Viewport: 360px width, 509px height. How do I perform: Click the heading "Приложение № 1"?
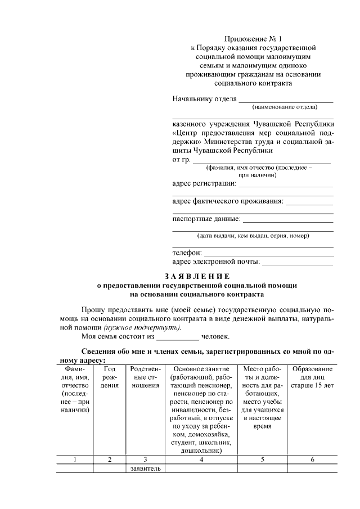[x=253, y=39]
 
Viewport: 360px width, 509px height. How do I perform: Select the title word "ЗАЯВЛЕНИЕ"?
[x=197, y=276]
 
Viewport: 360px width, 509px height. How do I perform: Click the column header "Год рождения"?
[x=110, y=377]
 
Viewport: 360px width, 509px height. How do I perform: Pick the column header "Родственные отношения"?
[x=145, y=377]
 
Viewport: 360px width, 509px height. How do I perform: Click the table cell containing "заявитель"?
[x=145, y=468]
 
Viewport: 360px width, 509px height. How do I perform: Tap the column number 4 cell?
[x=201, y=460]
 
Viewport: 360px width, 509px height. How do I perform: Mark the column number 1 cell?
[x=75, y=460]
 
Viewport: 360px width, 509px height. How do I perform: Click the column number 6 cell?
[x=312, y=460]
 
